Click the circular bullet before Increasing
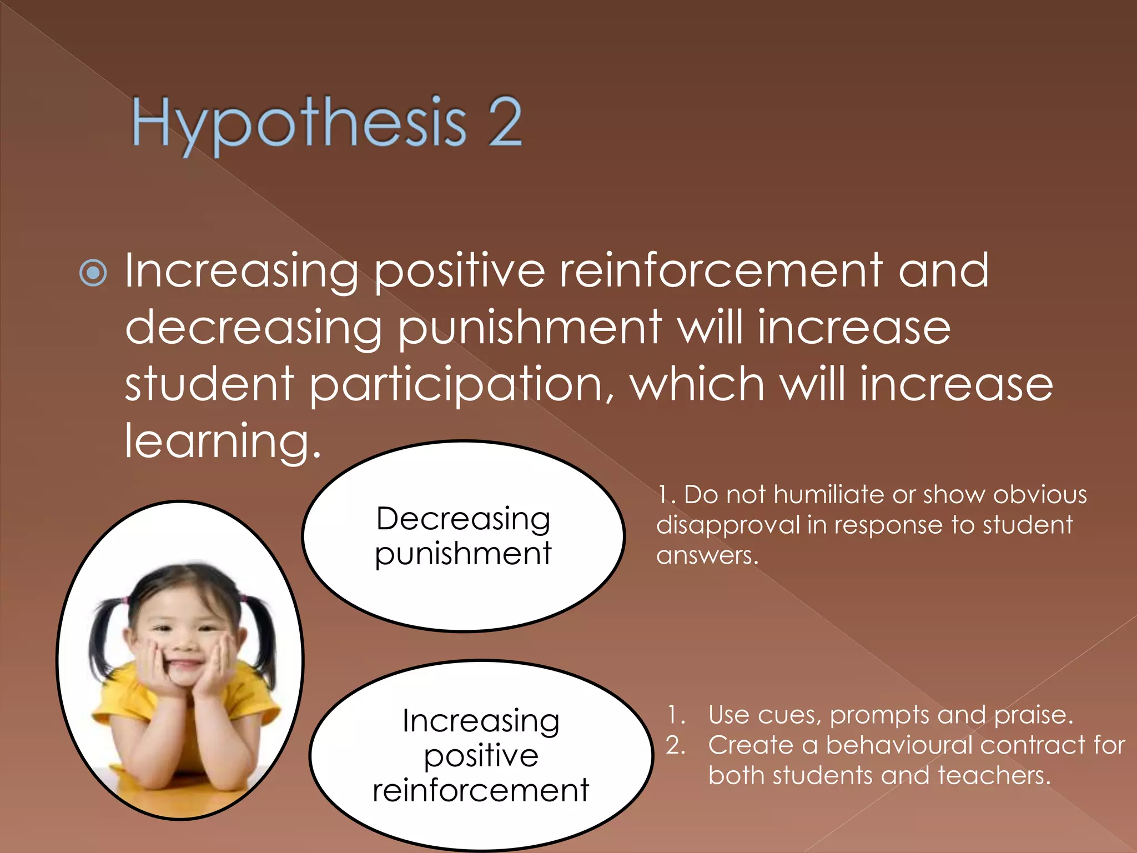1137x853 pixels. [93, 273]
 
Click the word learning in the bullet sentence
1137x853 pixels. [222, 441]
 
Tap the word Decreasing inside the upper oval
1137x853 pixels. [463, 519]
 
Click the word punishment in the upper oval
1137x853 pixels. [463, 554]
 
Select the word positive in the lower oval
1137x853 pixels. [481, 756]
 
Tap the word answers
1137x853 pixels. [707, 555]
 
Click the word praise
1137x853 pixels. [1033, 715]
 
